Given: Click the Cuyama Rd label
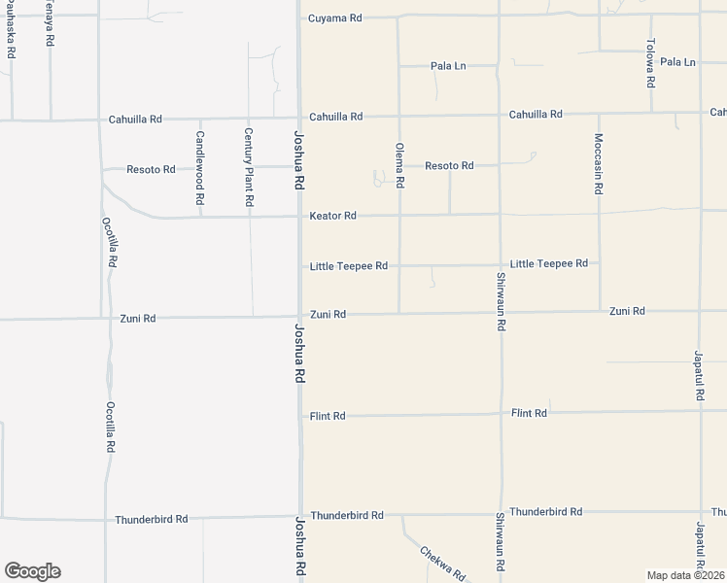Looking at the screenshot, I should coord(334,18).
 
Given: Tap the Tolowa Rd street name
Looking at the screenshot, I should coord(652,62).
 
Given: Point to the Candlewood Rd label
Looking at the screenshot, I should coord(199,167).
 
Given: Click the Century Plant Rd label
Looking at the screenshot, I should coord(249,166).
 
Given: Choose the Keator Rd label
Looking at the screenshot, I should coord(333,216).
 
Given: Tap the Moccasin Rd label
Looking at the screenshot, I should coord(599,164).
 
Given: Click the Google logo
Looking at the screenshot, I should coord(32,571).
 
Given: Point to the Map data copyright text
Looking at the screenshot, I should coord(685,574).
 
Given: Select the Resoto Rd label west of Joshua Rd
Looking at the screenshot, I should coord(151,169).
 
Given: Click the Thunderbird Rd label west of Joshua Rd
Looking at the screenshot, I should coord(151,520).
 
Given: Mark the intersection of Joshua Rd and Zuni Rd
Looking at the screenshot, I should coord(299,316).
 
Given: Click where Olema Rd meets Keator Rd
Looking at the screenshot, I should coord(399,215).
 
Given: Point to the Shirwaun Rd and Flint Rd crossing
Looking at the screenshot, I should coord(501,414).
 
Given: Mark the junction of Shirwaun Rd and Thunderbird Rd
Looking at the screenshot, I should coord(501,513).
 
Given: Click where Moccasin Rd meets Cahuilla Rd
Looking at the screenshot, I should coord(599,114).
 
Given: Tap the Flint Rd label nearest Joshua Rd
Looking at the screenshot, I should coord(328,416).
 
